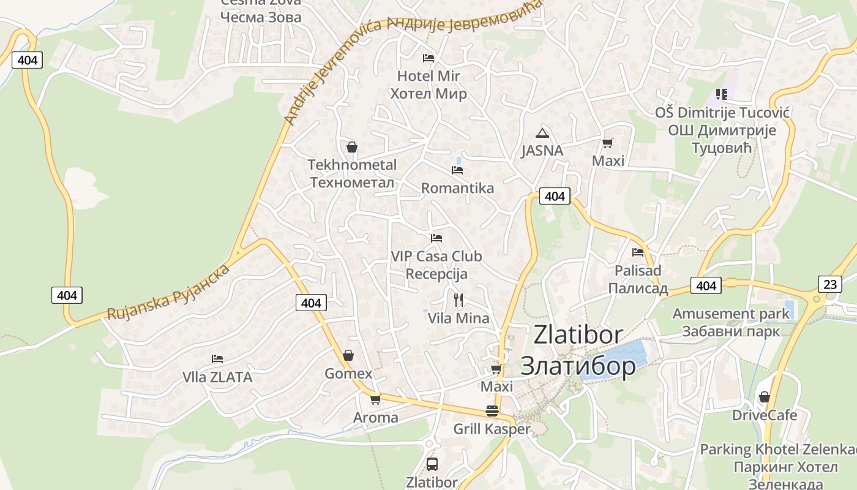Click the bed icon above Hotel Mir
[428, 58]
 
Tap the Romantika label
[457, 188]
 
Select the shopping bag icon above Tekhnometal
[352, 147]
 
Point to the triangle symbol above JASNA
[542, 134]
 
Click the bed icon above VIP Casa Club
[436, 238]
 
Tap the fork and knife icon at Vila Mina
[458, 300]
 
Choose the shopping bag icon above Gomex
[348, 355]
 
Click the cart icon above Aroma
[375, 400]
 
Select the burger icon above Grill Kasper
[492, 411]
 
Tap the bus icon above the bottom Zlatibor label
[432, 464]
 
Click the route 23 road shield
[829, 284]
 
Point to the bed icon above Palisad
[638, 252]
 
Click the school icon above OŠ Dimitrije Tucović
[722, 94]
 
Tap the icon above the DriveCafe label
[764, 398]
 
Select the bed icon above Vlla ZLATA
[217, 359]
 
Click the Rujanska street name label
[168, 292]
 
